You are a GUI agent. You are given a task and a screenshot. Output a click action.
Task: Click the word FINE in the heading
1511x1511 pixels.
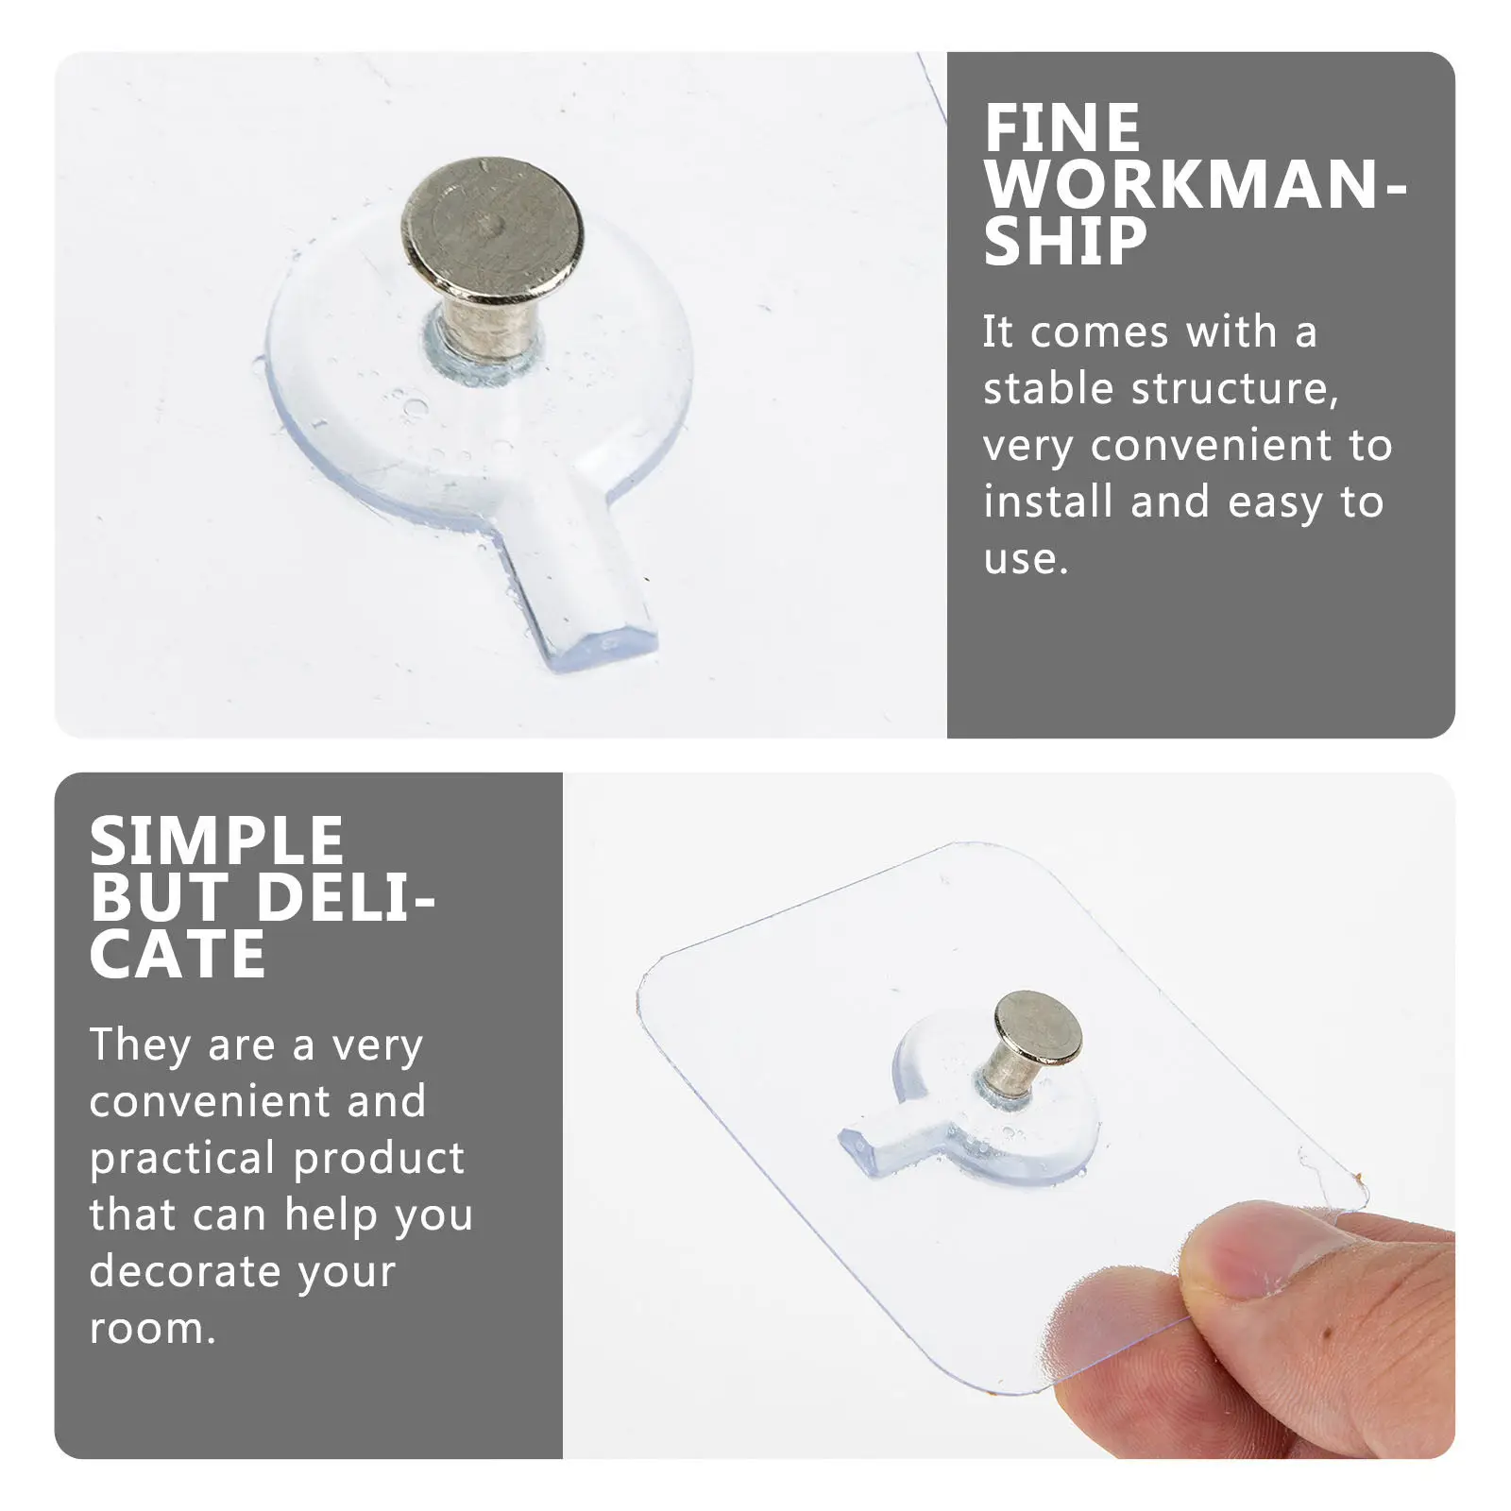1062,128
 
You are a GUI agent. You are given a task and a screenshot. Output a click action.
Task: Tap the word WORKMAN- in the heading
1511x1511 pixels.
1196,185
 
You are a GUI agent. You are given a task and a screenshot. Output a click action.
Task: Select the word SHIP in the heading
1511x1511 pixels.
1065,242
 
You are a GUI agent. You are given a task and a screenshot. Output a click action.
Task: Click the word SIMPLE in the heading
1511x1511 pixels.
217,841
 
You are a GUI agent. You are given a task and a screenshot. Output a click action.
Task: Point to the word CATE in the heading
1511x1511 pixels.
178,955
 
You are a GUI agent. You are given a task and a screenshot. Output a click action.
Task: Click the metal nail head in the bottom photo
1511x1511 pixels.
1036,1027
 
